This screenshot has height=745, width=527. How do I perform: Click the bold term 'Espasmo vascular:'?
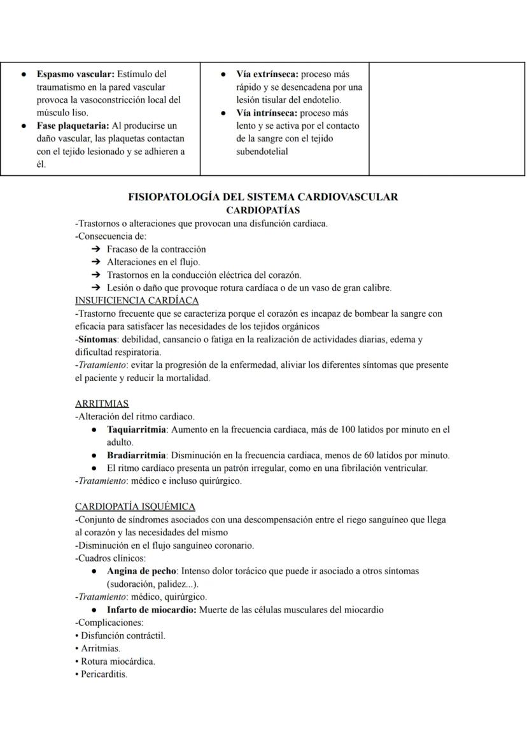75,75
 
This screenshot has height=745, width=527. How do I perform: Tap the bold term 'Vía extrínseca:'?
267,75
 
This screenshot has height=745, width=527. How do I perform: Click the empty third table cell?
447,119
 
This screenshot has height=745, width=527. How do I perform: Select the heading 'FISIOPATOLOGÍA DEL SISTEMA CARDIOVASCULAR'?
263,197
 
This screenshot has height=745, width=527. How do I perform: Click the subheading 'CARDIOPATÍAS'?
263,210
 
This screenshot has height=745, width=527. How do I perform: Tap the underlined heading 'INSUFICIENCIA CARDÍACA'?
137,300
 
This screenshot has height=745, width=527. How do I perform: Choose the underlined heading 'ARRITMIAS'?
102,403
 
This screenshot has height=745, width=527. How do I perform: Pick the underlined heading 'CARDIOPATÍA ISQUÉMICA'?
135,507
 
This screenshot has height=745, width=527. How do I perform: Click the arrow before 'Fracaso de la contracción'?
96,249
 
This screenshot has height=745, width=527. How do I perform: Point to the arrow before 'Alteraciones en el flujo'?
96,262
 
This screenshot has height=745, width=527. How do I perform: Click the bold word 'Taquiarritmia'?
136,430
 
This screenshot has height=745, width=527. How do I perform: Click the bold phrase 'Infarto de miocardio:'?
152,610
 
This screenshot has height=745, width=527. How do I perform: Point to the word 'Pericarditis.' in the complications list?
104,674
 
